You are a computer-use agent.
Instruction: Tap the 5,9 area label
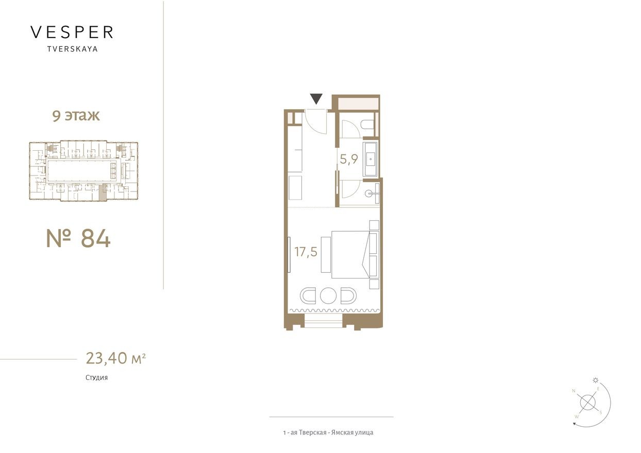tap(349, 160)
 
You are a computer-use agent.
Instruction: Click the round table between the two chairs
tap(328, 296)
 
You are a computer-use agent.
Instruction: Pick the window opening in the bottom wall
tap(324, 323)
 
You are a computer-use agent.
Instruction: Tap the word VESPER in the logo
tap(72, 32)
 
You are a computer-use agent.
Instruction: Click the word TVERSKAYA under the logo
tap(72, 49)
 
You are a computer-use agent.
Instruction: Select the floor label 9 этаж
tap(76, 116)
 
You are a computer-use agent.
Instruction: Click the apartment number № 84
tap(78, 238)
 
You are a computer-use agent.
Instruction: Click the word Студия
tap(97, 377)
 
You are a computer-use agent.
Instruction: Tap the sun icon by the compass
tap(596, 380)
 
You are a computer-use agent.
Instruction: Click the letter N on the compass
tap(573, 391)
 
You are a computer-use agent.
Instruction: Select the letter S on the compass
tap(601, 412)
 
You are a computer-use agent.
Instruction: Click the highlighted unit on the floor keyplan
tap(103, 192)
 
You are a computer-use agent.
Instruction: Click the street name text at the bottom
tap(328, 432)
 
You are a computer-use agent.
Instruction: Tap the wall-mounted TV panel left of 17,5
tap(290, 255)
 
